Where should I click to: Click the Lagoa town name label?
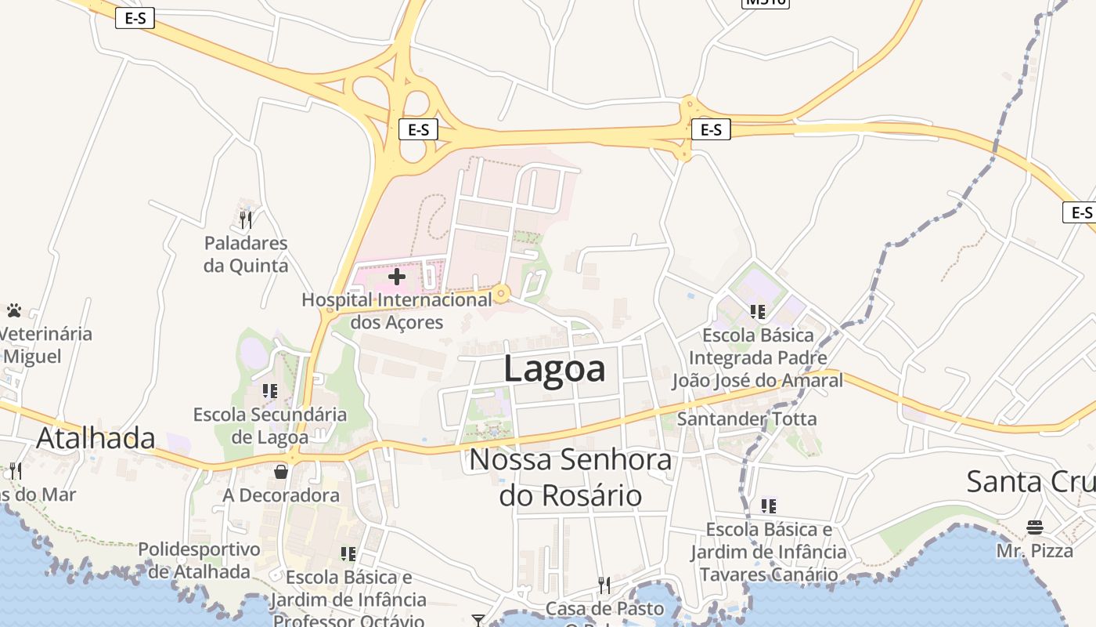[554, 368]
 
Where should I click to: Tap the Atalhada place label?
[96, 437]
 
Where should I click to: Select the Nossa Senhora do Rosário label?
[571, 477]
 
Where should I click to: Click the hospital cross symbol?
[397, 277]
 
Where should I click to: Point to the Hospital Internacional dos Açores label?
[397, 311]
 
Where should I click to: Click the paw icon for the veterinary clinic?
[14, 311]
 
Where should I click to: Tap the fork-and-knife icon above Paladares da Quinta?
[246, 219]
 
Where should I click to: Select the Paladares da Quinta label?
[246, 255]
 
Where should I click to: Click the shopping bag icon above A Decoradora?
[281, 472]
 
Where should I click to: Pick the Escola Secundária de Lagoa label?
[270, 425]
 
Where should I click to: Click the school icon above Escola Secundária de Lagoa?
[270, 390]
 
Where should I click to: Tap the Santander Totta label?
[747, 419]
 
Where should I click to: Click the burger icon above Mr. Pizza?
[1035, 527]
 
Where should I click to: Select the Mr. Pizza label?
[1035, 551]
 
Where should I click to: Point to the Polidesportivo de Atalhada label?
[199, 560]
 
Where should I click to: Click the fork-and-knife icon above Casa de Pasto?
[604, 585]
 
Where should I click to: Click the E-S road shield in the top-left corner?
[135, 18]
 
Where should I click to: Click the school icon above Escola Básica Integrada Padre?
[757, 312]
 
